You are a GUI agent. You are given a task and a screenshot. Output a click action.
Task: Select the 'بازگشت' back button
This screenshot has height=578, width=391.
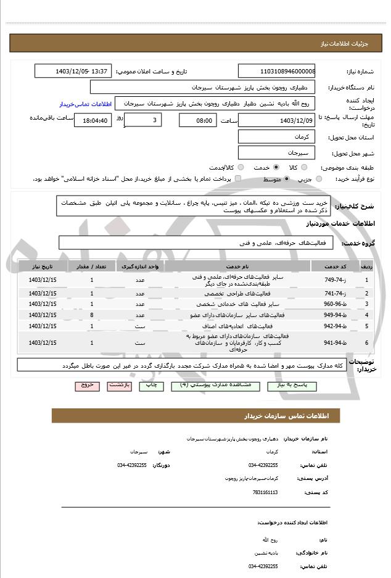pyautogui.click(x=119, y=385)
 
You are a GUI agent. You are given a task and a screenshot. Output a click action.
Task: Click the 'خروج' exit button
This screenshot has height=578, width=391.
pyautogui.click(x=87, y=385)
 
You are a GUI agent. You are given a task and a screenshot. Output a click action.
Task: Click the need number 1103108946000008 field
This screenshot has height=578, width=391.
pyautogui.click(x=276, y=71)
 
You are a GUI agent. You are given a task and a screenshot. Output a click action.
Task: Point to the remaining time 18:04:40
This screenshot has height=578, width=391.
pyautogui.click(x=93, y=120)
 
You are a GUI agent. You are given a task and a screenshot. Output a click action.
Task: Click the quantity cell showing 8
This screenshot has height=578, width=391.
pyautogui.click(x=93, y=315)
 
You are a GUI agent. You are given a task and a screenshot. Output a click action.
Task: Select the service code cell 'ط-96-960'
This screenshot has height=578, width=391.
pyautogui.click(x=334, y=304)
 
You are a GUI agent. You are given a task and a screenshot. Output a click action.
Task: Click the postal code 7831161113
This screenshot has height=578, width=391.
pyautogui.click(x=265, y=492)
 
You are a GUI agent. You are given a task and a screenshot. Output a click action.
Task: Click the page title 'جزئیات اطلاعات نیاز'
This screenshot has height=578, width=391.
pyautogui.click(x=350, y=44)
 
